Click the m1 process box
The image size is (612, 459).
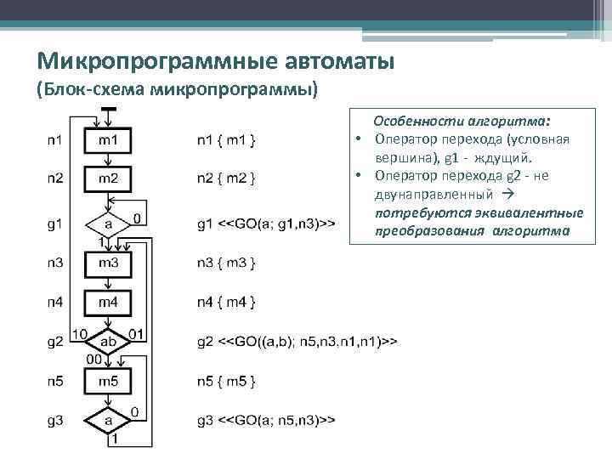coord(108,139)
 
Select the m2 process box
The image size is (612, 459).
coord(108,178)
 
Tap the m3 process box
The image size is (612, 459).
coord(108,263)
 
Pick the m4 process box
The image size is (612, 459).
coord(108,303)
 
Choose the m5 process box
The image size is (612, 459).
coord(108,381)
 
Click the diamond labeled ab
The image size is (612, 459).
coord(109,341)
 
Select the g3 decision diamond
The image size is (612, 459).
coord(109,420)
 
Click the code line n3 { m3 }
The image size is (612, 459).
coord(226,263)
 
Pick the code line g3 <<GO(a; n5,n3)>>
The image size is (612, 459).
coord(264,420)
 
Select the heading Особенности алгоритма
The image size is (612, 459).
coord(462,122)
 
